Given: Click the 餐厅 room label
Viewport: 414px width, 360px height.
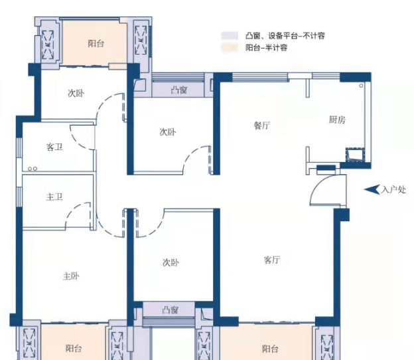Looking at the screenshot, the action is pyautogui.click(x=262, y=126).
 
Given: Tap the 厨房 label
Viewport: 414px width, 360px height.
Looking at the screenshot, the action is pyautogui.click(x=337, y=120).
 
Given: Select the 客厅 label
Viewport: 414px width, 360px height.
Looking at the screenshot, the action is pyautogui.click(x=272, y=260).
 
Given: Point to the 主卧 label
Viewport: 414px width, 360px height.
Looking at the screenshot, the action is pyautogui.click(x=71, y=276).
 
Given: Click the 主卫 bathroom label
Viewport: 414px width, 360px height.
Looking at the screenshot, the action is pyautogui.click(x=54, y=197).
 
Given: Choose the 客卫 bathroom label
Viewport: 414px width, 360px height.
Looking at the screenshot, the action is pyautogui.click(x=54, y=147).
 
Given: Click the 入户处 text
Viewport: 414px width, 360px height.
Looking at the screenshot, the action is pyautogui.click(x=393, y=189).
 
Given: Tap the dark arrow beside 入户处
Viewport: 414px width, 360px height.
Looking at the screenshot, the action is pyautogui.click(x=372, y=189).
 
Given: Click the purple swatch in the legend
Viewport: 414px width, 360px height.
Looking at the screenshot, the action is pyautogui.click(x=230, y=36).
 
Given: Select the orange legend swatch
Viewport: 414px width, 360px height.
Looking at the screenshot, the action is pyautogui.click(x=230, y=48).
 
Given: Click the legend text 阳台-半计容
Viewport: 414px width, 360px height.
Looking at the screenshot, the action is pyautogui.click(x=267, y=48).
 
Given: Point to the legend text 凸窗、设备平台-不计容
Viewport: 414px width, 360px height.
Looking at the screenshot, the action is pyautogui.click(x=285, y=36).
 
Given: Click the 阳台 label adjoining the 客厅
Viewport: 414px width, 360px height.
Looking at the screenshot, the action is pyautogui.click(x=270, y=349).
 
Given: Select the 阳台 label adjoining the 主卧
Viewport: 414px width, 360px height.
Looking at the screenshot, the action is pyautogui.click(x=74, y=348).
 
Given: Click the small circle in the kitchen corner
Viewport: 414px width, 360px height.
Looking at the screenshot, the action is pyautogui.click(x=361, y=86).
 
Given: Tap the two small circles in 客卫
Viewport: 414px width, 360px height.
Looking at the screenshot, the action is pyautogui.click(x=33, y=169).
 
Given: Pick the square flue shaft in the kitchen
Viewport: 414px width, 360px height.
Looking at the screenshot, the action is pyautogui.click(x=356, y=155).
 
